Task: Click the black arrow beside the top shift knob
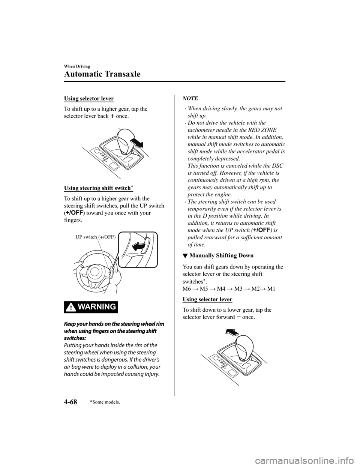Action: coord(135,143)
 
